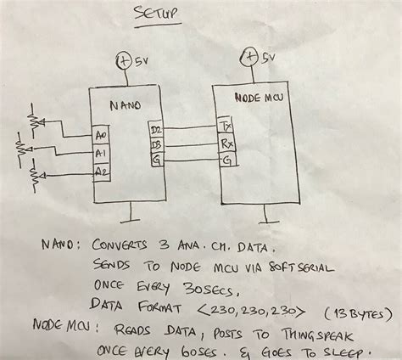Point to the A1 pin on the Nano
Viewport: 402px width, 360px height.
101,153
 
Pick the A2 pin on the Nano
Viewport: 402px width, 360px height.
102,172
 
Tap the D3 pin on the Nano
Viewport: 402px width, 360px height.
156,145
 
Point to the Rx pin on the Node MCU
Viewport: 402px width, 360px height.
226,143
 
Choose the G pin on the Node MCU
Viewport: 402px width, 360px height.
225,159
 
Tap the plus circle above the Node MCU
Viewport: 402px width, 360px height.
250,57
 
